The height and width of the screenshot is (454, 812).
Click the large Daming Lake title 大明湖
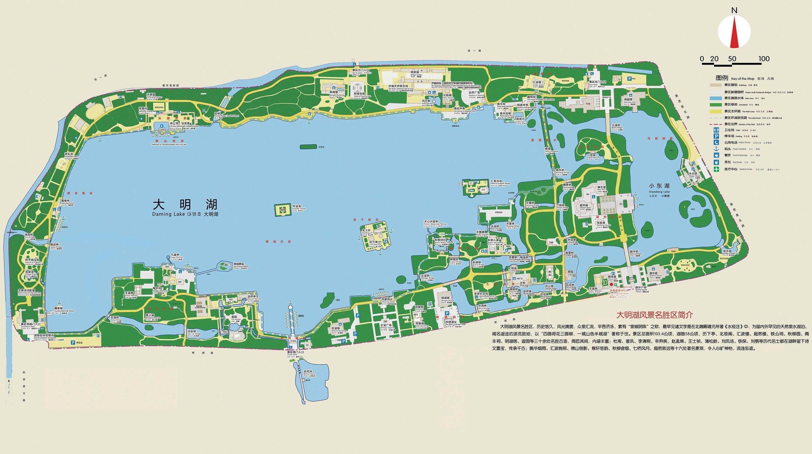185,205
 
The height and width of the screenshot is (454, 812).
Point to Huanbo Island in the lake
283,209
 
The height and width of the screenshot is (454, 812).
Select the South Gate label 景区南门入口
295,352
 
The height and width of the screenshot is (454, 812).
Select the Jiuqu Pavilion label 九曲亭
175,255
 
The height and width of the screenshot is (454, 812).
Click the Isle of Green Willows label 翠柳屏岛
238,264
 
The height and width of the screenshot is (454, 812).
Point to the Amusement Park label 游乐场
69,154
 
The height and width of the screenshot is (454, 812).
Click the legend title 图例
722,78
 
